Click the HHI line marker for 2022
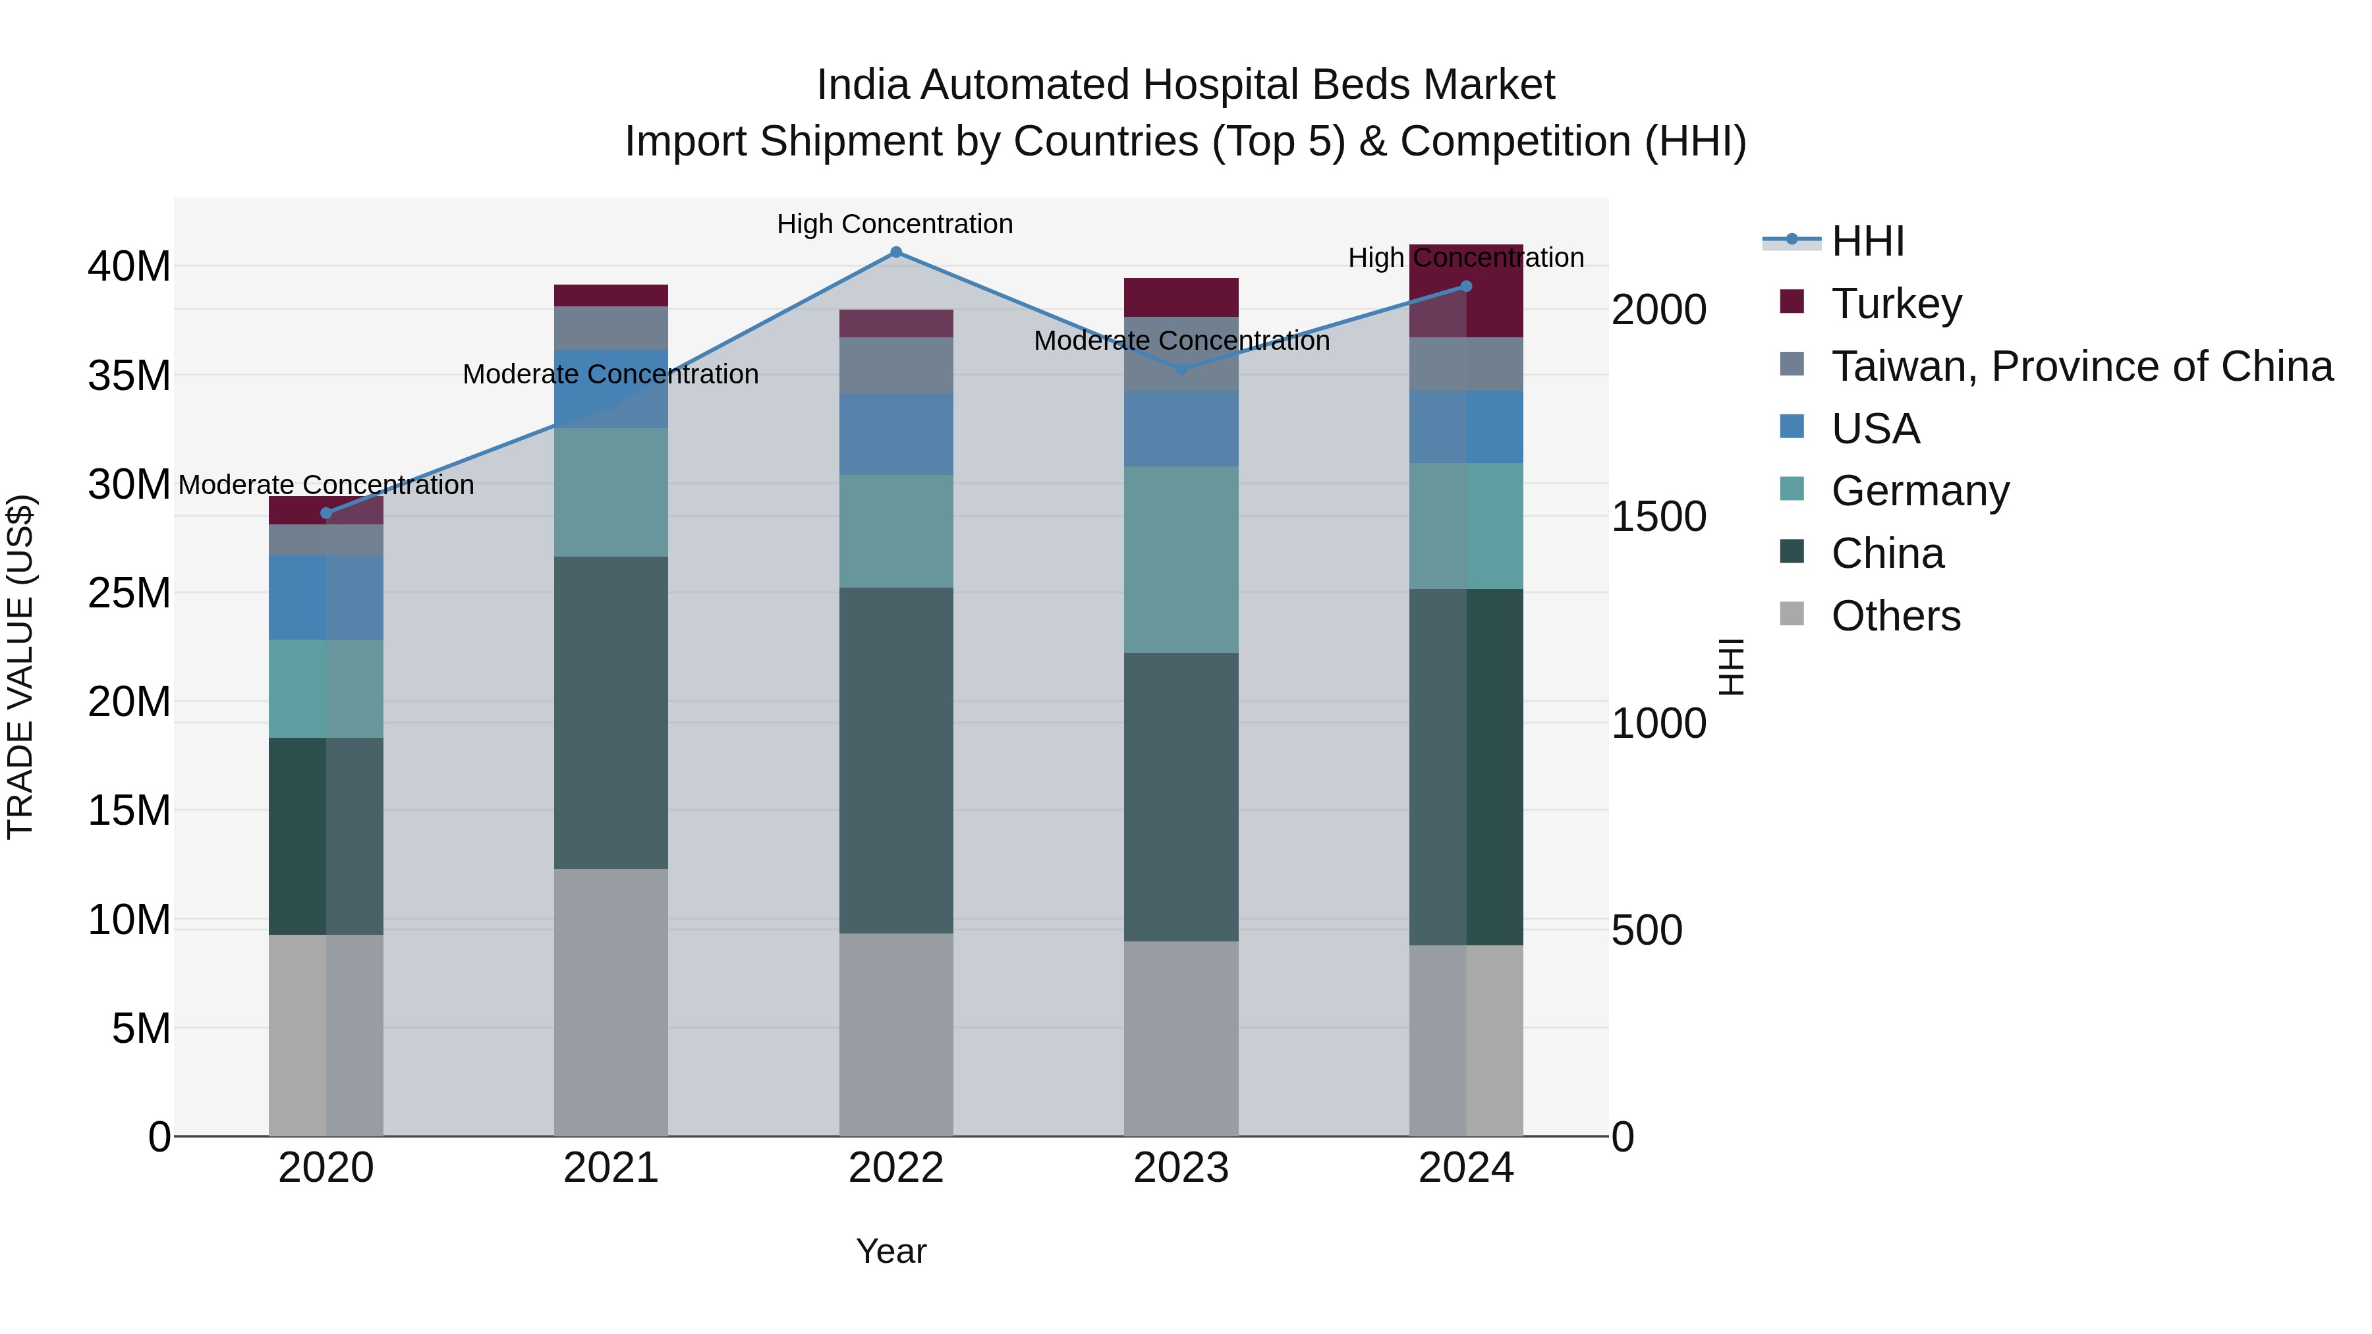pos(896,252)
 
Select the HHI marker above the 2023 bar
pos(1182,369)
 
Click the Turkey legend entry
pos(1897,304)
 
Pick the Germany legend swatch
pos(1792,489)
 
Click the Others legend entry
pos(1896,616)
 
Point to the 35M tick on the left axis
pos(129,375)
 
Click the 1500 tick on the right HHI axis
pos(1658,516)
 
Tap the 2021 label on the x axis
pos(611,1168)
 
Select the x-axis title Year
pos(890,1251)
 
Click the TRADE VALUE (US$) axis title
pos(21,667)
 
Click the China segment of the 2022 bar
pos(896,760)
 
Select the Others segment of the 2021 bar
pos(611,1001)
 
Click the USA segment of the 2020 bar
pos(326,597)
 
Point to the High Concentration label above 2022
pos(894,224)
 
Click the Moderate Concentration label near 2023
pos(1181,341)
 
